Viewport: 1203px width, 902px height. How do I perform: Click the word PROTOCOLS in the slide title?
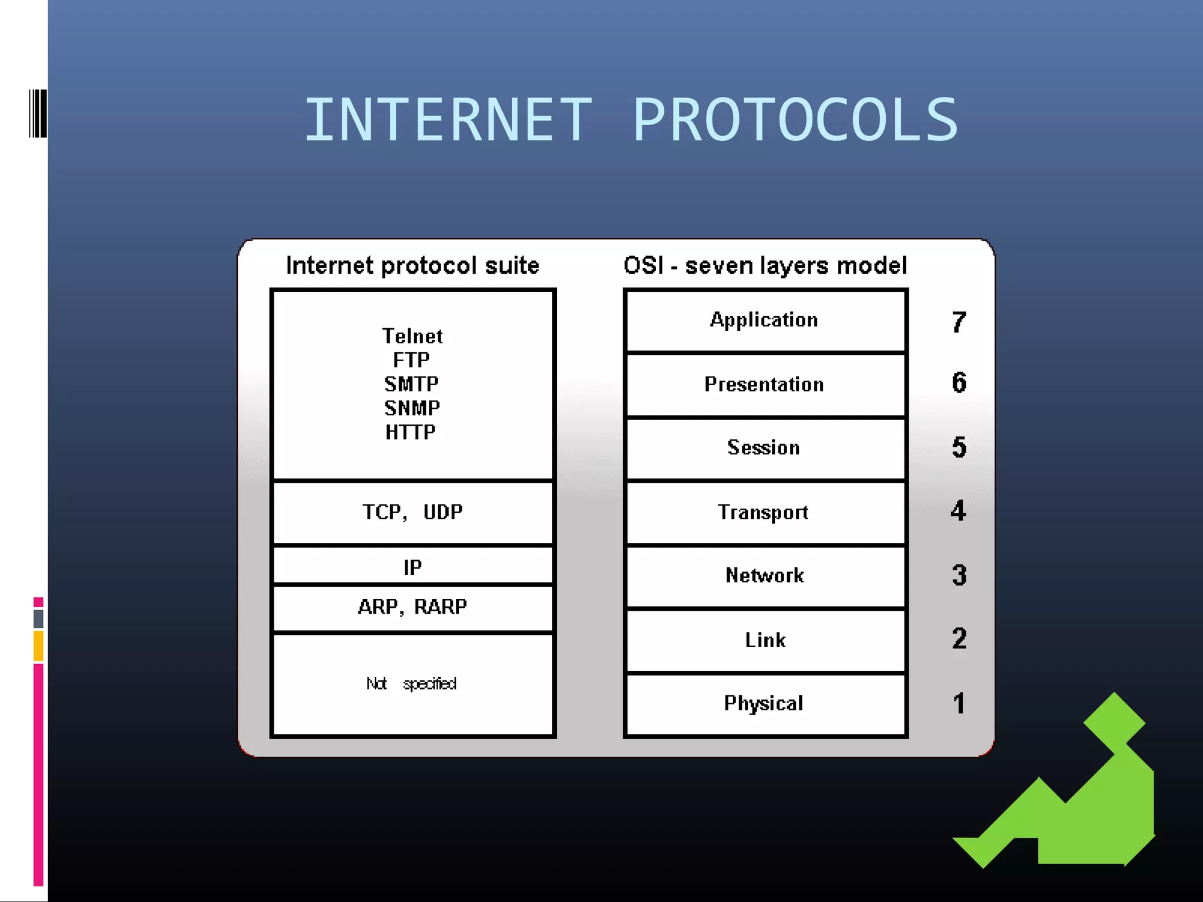(795, 120)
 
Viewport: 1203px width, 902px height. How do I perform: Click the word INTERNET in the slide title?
(448, 120)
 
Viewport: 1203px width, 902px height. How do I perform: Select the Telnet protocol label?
(412, 336)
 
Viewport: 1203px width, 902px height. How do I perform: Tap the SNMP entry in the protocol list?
(412, 408)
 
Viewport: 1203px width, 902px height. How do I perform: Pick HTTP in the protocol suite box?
(411, 432)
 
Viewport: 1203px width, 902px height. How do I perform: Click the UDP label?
(443, 512)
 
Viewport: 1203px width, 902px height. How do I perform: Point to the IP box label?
(412, 567)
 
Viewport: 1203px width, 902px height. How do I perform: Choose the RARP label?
(441, 607)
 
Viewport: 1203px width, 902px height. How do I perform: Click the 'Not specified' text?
(411, 684)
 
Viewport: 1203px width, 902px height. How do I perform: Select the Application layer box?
(764, 320)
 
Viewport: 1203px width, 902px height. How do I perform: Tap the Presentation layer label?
(764, 385)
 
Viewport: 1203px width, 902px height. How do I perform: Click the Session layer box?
(764, 448)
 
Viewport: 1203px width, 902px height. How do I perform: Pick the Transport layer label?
(763, 513)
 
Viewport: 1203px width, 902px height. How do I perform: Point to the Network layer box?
(765, 575)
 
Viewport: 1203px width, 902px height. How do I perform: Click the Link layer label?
(765, 640)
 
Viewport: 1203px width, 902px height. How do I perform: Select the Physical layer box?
(764, 704)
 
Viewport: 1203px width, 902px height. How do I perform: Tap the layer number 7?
(959, 322)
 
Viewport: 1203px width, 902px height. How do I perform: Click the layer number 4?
(959, 511)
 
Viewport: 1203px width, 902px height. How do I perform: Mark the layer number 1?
(959, 704)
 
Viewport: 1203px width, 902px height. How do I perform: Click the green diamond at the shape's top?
(1114, 723)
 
